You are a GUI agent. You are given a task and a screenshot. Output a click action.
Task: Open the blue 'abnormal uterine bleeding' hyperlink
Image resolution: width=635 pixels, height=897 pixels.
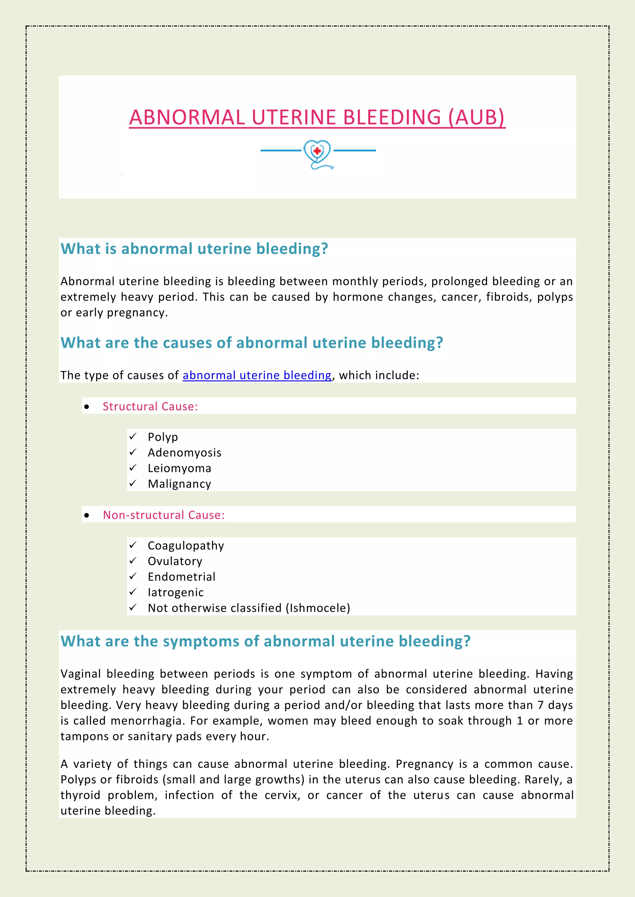pyautogui.click(x=257, y=375)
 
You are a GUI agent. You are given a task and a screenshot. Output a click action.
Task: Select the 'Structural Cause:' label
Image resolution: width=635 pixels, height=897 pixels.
pyautogui.click(x=150, y=407)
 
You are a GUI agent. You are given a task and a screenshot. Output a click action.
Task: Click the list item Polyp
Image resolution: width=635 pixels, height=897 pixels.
pyautogui.click(x=163, y=437)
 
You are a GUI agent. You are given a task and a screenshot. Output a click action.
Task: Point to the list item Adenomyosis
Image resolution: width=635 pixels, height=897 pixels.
pyautogui.click(x=184, y=453)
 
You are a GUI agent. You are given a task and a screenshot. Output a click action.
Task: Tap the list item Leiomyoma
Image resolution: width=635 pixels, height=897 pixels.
pyautogui.click(x=179, y=468)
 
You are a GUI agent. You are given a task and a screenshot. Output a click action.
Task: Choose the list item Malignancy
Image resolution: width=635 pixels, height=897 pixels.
pyautogui.click(x=179, y=484)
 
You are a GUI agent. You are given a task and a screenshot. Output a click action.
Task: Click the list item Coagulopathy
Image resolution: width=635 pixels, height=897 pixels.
pyautogui.click(x=186, y=546)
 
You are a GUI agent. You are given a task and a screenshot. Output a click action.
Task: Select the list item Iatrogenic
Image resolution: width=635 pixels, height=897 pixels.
pyautogui.click(x=175, y=593)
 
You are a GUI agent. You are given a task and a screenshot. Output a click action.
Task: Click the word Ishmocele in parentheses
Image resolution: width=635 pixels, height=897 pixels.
pyautogui.click(x=317, y=608)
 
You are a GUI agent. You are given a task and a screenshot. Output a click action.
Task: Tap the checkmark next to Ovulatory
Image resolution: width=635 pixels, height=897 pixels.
pyautogui.click(x=133, y=561)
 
